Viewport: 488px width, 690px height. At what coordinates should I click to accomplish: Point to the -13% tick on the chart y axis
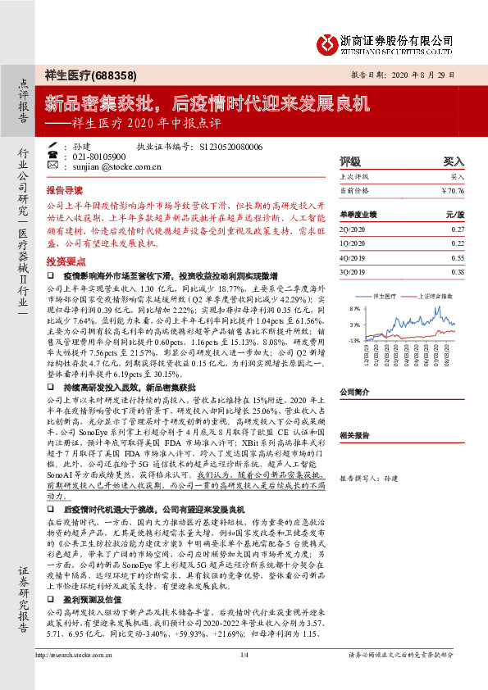point(354,340)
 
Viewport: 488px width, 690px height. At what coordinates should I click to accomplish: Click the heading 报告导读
point(65,188)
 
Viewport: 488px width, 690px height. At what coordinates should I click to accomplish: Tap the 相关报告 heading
point(354,435)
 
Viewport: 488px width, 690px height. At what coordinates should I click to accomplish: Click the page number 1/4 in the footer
point(244,677)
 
